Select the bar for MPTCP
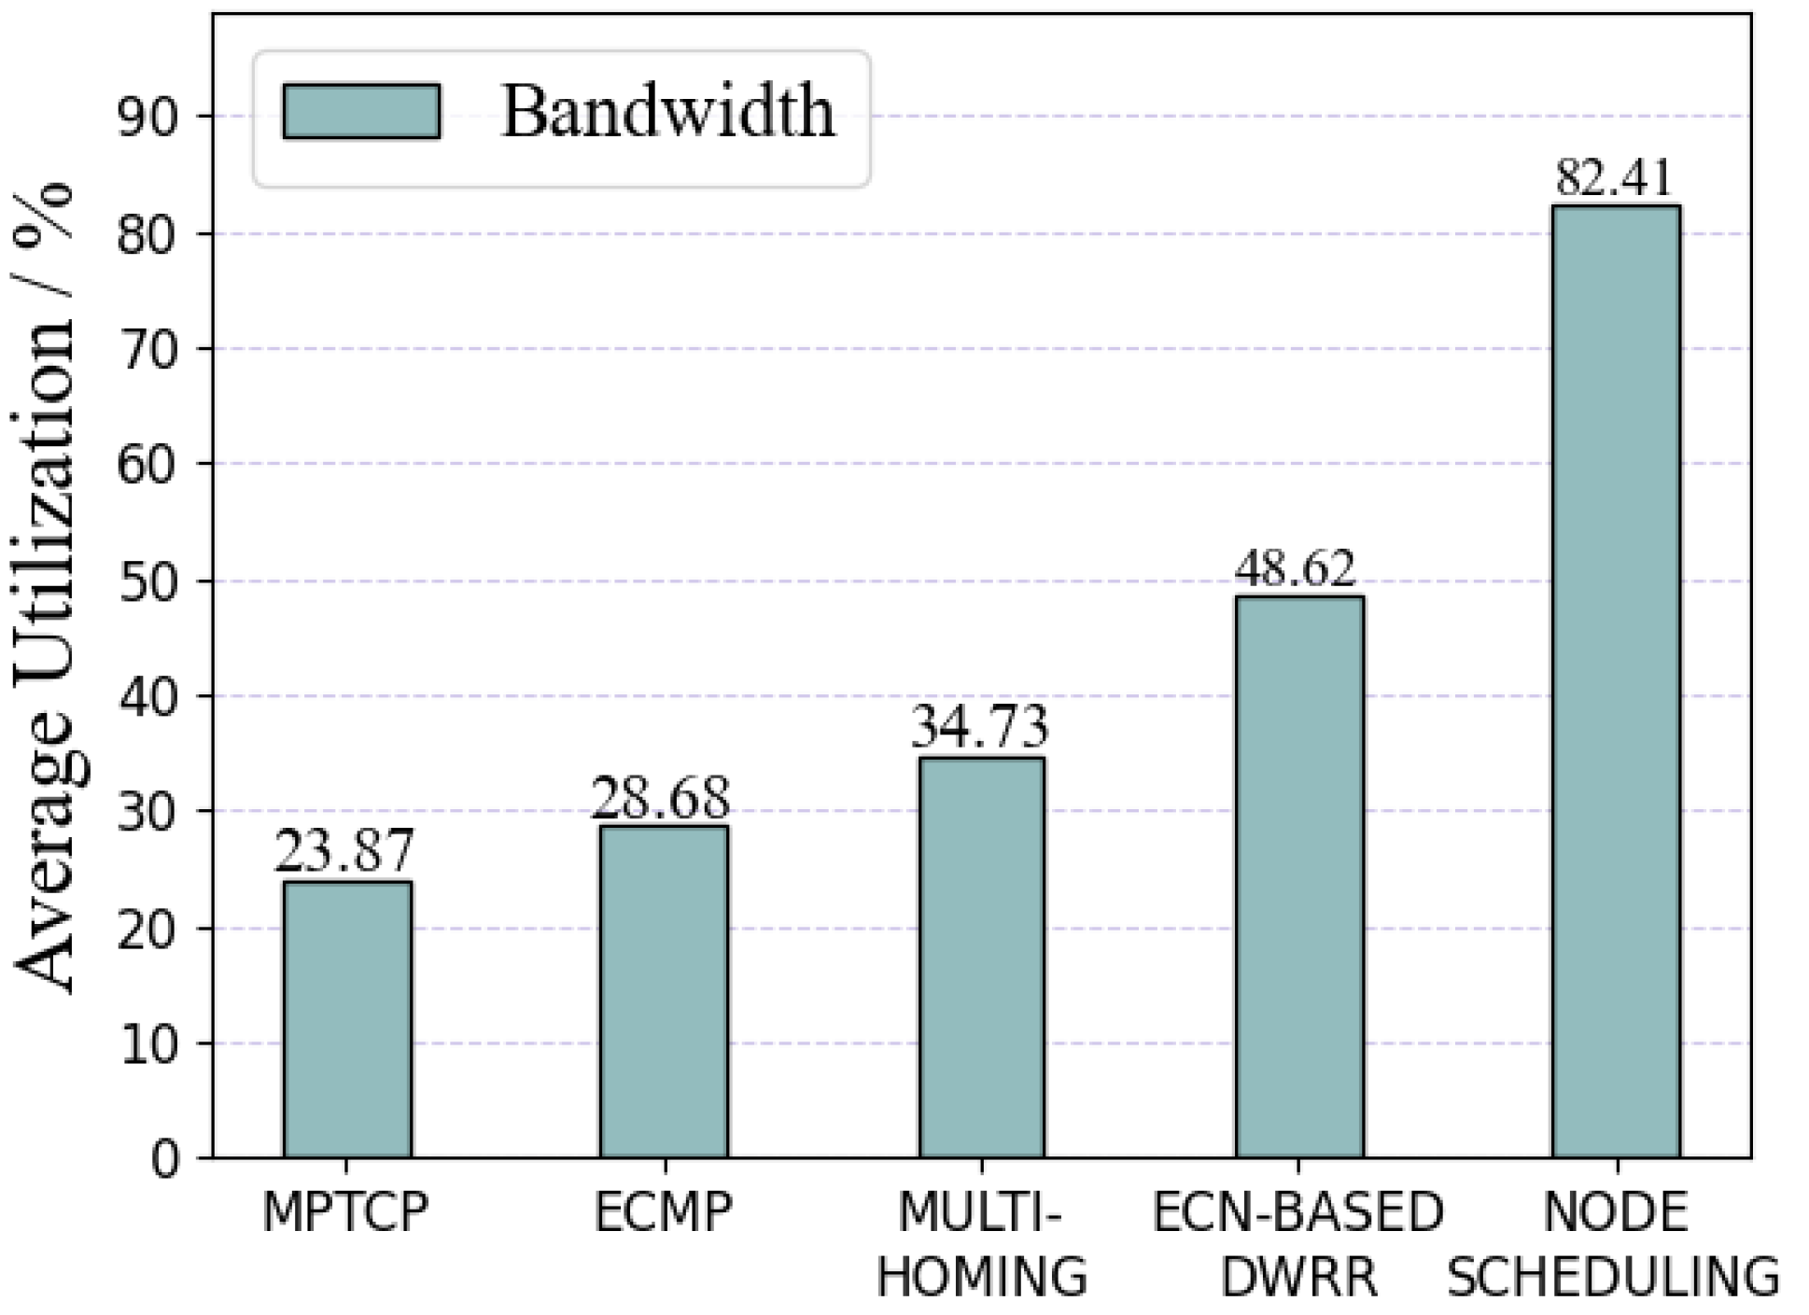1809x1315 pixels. click(347, 1019)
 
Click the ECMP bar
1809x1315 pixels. click(664, 991)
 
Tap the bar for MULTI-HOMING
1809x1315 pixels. click(981, 958)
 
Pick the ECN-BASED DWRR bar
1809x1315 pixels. click(1298, 877)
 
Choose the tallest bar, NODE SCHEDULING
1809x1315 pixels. click(1616, 681)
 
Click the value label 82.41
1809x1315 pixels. click(1614, 177)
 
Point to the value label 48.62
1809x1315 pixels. click(1295, 568)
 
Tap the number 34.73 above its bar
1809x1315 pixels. click(979, 728)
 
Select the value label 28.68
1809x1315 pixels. click(661, 799)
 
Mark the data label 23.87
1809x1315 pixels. click(344, 852)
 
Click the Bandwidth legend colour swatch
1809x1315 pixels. click(361, 112)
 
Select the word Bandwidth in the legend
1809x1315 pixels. click(668, 112)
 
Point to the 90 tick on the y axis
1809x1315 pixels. click(147, 118)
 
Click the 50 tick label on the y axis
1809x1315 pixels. click(147, 581)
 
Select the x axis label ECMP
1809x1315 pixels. click(664, 1213)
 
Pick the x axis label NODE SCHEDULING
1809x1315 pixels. click(1615, 1245)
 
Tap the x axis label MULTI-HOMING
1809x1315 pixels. click(981, 1245)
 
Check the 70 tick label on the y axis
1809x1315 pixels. click(147, 350)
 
